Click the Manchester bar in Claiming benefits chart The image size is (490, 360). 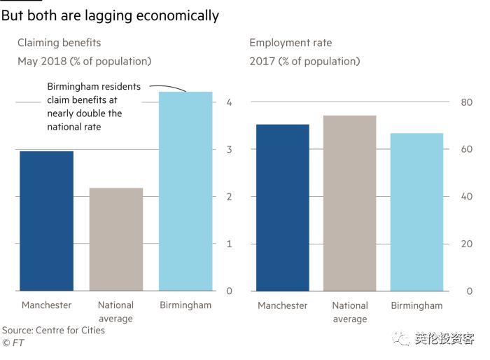(46, 221)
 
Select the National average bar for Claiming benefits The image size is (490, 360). (116, 239)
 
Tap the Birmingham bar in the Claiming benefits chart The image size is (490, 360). (185, 191)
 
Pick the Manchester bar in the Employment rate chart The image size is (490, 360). (283, 207)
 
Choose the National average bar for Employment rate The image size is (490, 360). (349, 203)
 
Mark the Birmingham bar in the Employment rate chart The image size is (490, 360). (416, 212)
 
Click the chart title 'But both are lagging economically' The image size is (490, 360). (110, 15)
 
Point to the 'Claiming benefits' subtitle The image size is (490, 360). (59, 43)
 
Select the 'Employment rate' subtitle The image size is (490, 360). (290, 43)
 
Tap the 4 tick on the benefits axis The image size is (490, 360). (229, 102)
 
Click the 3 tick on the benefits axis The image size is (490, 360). (229, 149)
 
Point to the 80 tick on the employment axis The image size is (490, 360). (466, 102)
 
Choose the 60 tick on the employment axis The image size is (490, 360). (466, 149)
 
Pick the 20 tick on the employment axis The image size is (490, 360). (466, 244)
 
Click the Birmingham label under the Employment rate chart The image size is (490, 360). (416, 305)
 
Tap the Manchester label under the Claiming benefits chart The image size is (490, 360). (46, 305)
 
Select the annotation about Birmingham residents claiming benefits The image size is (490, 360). (94, 106)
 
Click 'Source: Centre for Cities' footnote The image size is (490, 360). (53, 330)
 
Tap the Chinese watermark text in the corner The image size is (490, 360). (444, 339)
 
